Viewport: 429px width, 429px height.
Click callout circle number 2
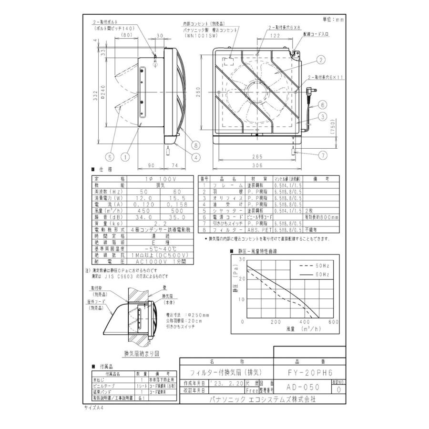(321, 60)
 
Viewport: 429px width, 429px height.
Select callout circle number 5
(111, 155)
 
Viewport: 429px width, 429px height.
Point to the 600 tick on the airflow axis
(333, 322)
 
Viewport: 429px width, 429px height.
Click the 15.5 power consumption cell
(169, 197)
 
